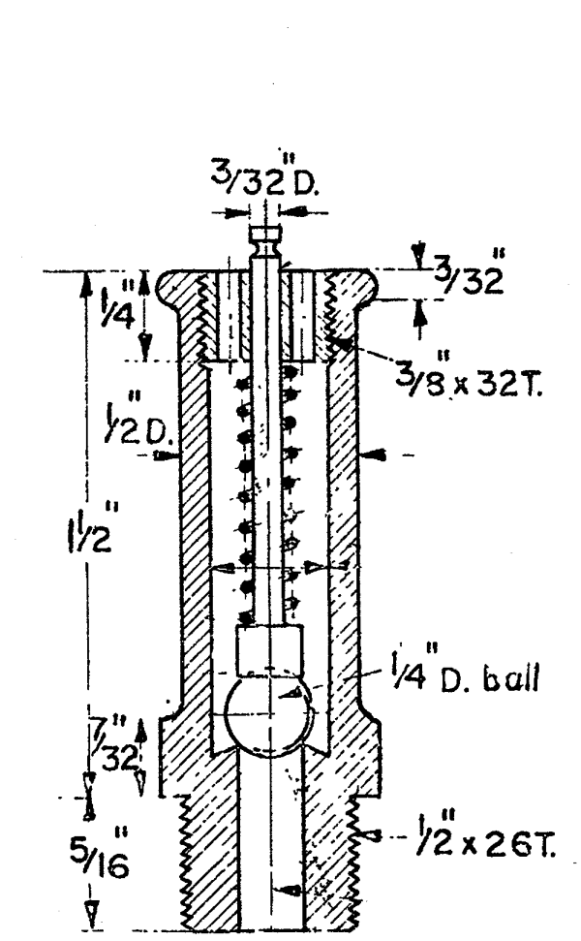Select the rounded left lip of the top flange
(172, 290)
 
